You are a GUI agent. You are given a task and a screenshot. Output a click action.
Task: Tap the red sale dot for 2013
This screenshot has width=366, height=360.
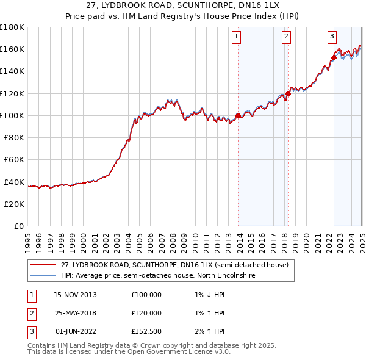(238, 115)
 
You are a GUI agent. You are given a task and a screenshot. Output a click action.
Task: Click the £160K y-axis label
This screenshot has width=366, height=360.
(13, 49)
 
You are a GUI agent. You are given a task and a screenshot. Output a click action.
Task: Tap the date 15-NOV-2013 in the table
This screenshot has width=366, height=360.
(75, 295)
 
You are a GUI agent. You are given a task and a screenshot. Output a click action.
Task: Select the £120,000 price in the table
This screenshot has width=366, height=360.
(146, 313)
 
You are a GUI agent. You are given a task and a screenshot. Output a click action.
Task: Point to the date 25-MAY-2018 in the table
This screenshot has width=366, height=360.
(75, 313)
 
